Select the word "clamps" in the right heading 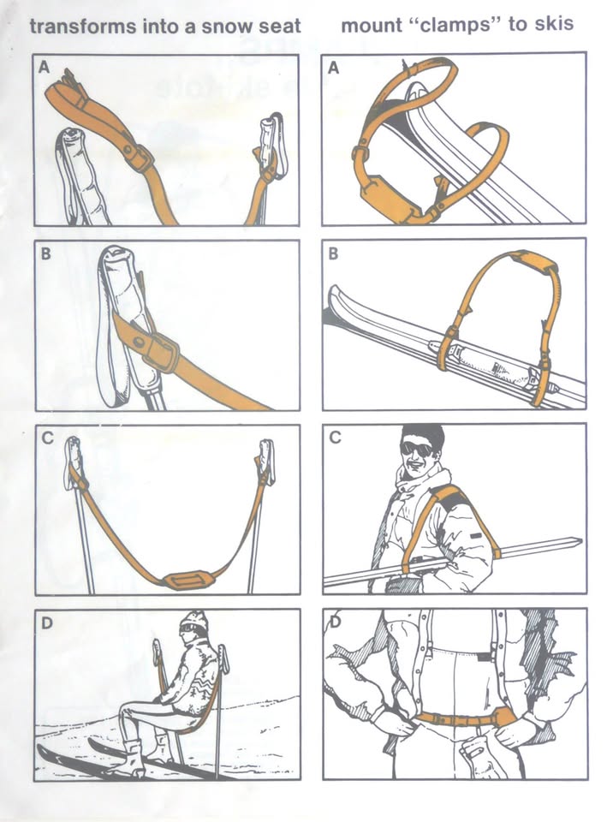pyautogui.click(x=461, y=25)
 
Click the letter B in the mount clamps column pyautogui.click(x=333, y=254)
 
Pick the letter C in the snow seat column pyautogui.click(x=47, y=438)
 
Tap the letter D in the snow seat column pyautogui.click(x=46, y=623)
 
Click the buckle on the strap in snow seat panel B pyautogui.click(x=160, y=350)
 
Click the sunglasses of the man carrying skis pyautogui.click(x=417, y=448)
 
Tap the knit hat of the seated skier pyautogui.click(x=194, y=622)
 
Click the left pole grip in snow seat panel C pyautogui.click(x=74, y=462)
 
